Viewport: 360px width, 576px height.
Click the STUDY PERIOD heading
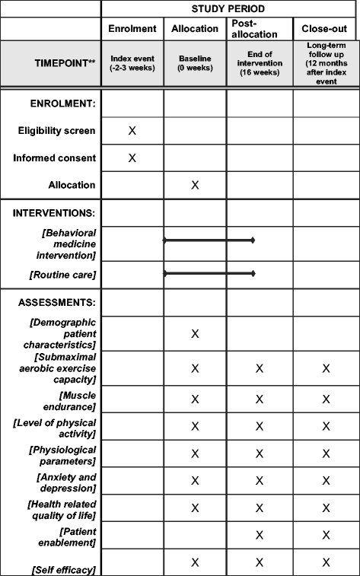[x=230, y=8]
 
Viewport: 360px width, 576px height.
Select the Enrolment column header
[x=132, y=29]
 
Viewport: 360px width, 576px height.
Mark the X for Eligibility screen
[x=132, y=131]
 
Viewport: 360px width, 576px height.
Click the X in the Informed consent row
[x=132, y=158]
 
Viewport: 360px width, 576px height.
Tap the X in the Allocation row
[x=195, y=185]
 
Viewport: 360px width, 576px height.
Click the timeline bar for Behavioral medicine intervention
[x=209, y=240]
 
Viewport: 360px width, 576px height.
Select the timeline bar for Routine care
[x=209, y=272]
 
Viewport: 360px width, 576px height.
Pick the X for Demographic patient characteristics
[x=195, y=333]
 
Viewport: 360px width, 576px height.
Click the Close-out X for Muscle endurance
[x=326, y=399]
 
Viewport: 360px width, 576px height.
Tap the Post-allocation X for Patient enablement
[x=260, y=535]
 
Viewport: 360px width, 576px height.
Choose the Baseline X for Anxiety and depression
[x=195, y=480]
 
